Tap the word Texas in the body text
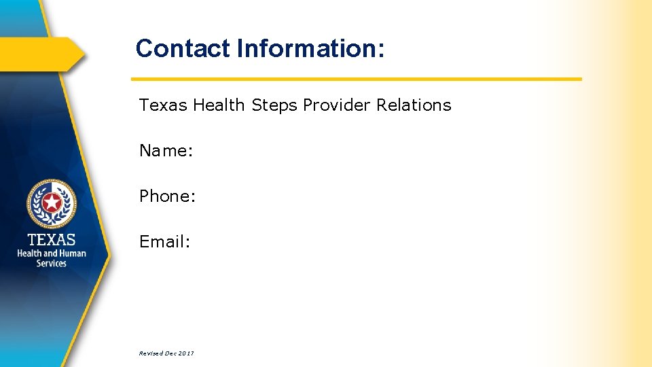pyautogui.click(x=163, y=105)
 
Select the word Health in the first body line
pyautogui.click(x=219, y=105)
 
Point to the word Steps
pyautogui.click(x=274, y=106)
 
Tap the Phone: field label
pyautogui.click(x=168, y=196)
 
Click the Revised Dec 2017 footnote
pyautogui.click(x=166, y=353)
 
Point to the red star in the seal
pyautogui.click(x=52, y=202)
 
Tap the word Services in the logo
pyautogui.click(x=52, y=263)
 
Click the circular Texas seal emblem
pyautogui.click(x=52, y=203)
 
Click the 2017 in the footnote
pyautogui.click(x=187, y=353)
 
